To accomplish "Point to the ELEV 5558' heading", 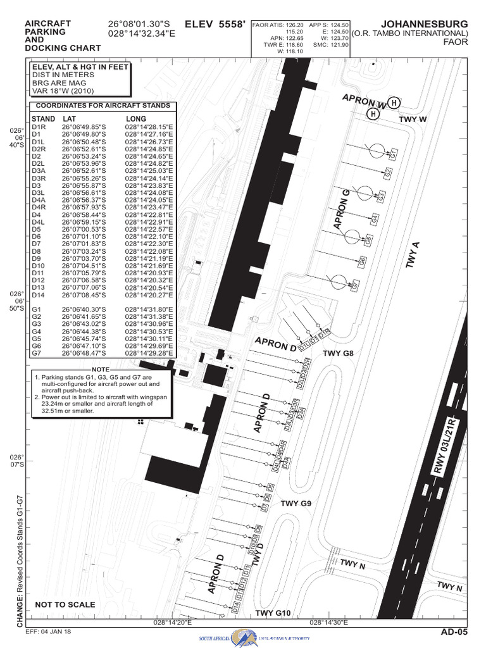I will click(x=213, y=24).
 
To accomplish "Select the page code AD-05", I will click(x=454, y=632).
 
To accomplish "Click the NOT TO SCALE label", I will click(x=65, y=604).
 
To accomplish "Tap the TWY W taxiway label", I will click(x=413, y=119).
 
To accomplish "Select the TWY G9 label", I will click(x=296, y=504).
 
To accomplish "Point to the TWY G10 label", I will click(x=273, y=613).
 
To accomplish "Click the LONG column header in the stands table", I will click(x=136, y=118).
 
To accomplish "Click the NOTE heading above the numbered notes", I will click(x=101, y=369).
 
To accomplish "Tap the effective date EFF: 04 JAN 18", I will click(x=48, y=632).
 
